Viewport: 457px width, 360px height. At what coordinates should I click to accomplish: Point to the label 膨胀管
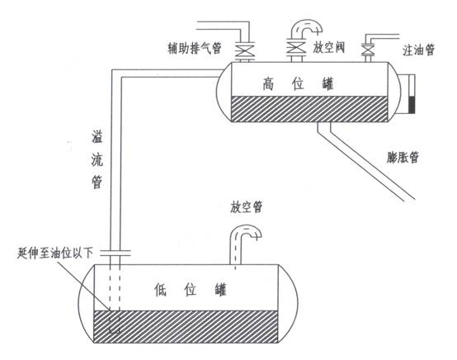pyautogui.click(x=403, y=156)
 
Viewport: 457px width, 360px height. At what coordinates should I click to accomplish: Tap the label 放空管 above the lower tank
pyautogui.click(x=247, y=207)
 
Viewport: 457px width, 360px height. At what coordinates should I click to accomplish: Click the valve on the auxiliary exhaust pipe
pyautogui.click(x=244, y=51)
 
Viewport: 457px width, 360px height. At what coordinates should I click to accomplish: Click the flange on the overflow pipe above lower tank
pyautogui.click(x=116, y=252)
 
